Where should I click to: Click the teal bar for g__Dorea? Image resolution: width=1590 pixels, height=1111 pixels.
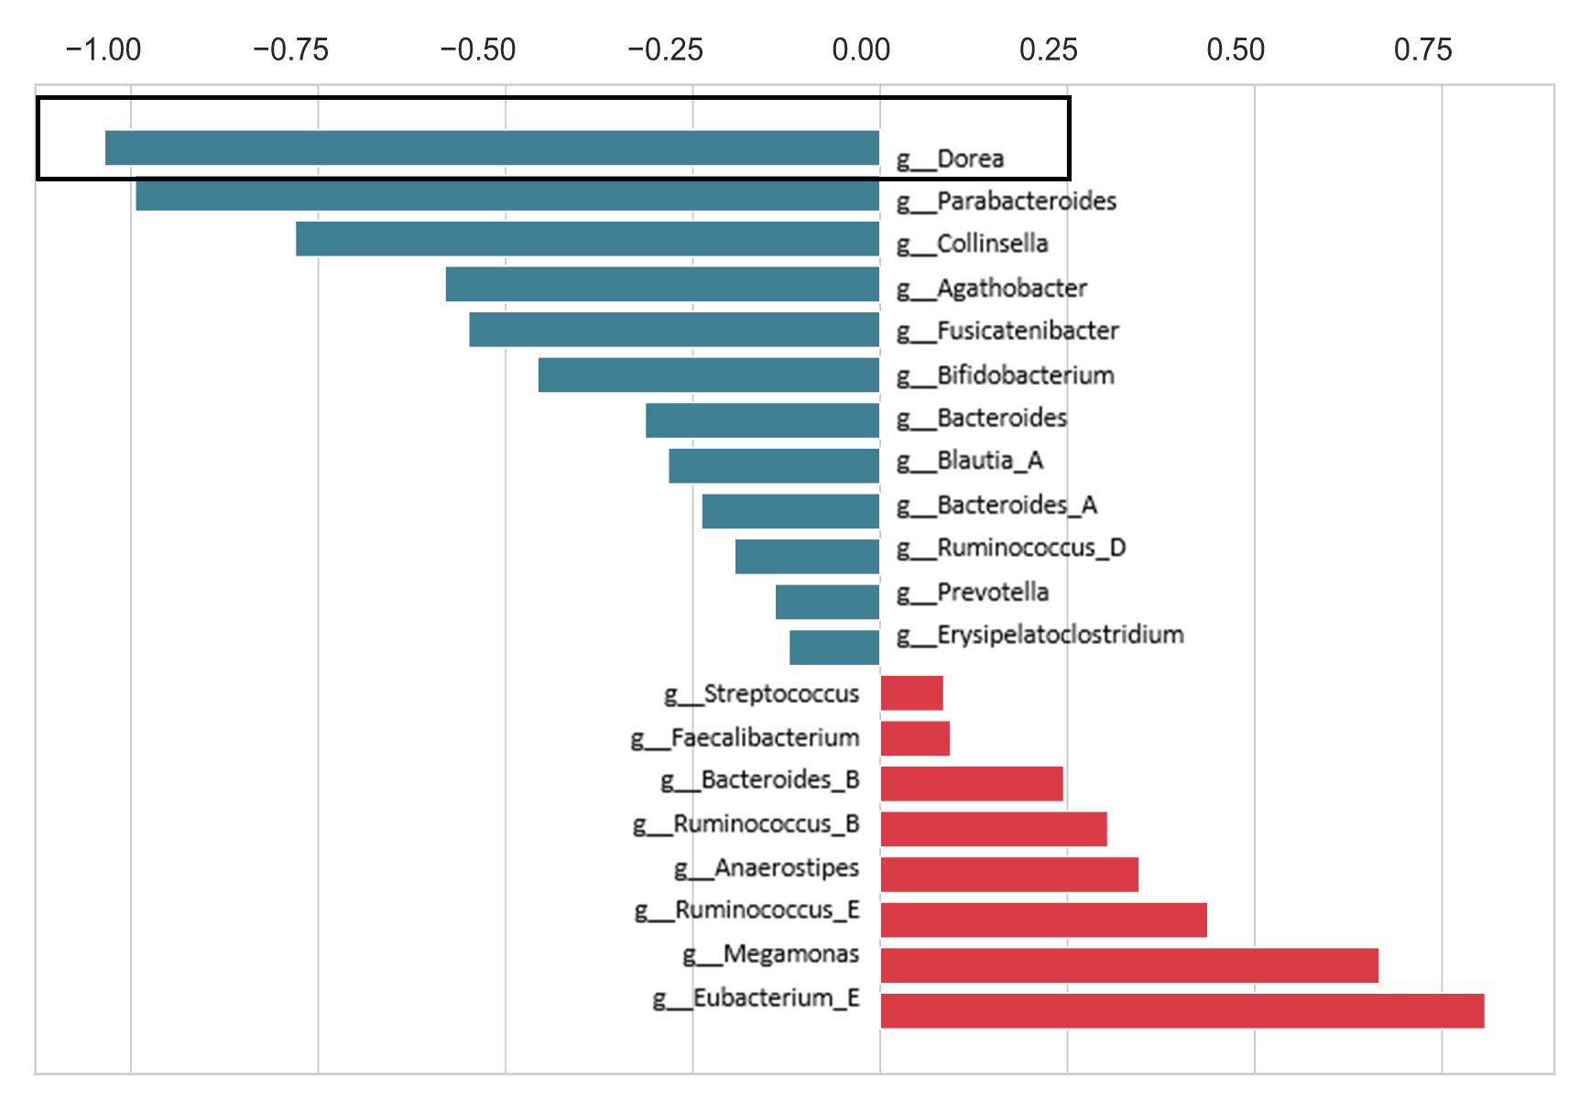pos(492,147)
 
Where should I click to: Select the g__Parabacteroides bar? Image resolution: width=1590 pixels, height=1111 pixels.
pos(507,194)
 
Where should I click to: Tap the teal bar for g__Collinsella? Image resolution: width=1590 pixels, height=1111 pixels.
pos(587,238)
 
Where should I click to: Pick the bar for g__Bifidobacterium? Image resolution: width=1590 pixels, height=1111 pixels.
pos(708,375)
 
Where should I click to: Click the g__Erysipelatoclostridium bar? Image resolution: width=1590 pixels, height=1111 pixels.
pos(833,647)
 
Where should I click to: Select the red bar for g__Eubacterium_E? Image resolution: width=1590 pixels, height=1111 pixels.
pos(1182,1010)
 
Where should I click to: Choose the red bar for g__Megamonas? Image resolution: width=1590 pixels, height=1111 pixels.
pos(1128,965)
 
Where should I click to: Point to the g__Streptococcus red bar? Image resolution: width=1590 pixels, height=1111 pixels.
pos(911,692)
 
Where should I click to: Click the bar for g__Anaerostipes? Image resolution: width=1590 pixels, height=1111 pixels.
pos(1008,874)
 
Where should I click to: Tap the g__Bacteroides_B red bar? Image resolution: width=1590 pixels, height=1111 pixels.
pos(971,783)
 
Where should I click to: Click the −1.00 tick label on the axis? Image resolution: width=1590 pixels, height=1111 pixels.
pos(103,49)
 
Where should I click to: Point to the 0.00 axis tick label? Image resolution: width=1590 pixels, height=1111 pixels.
pos(861,49)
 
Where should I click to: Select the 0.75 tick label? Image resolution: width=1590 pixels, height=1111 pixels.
pos(1422,49)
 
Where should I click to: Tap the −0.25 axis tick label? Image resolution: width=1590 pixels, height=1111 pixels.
pos(665,49)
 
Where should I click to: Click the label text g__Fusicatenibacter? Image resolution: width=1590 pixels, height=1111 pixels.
pos(1007,331)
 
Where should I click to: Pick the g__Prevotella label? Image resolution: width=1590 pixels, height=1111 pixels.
pos(973,593)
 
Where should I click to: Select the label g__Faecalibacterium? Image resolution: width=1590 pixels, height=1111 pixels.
pos(745,737)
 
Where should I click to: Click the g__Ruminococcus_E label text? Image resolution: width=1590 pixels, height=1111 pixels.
pos(746,909)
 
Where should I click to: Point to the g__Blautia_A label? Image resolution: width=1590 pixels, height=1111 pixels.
pos(970,460)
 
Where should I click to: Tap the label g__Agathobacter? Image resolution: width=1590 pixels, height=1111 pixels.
pos(992,289)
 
